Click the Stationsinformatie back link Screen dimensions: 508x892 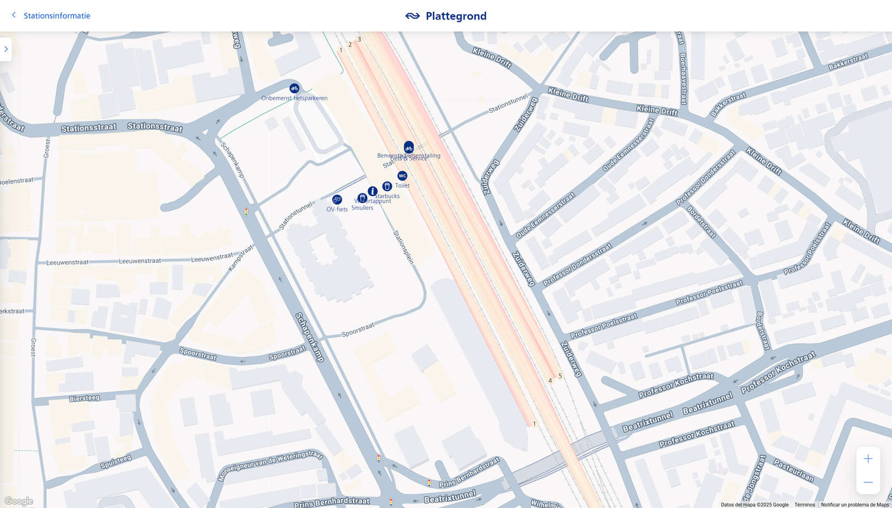pos(56,16)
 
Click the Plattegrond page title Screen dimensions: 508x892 pos(455,16)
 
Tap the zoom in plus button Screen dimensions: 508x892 pos(868,459)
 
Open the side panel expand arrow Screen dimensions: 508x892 pos(6,49)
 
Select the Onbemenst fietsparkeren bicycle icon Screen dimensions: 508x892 pos(294,89)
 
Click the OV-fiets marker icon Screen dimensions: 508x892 pos(337,199)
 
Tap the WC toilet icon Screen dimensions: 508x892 pos(403,176)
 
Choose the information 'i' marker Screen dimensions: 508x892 pos(372,191)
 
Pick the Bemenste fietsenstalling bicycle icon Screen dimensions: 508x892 pos(409,148)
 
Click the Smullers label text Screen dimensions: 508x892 pos(362,208)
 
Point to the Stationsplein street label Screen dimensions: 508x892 pos(404,247)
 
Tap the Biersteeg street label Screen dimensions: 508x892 pos(85,398)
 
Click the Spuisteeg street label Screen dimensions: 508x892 pos(116,462)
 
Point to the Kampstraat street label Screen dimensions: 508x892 pos(241,258)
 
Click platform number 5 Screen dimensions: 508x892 pos(560,376)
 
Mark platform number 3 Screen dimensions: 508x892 pos(359,40)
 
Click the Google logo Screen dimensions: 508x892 pos(19,501)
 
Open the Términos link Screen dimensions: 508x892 pos(804,505)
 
